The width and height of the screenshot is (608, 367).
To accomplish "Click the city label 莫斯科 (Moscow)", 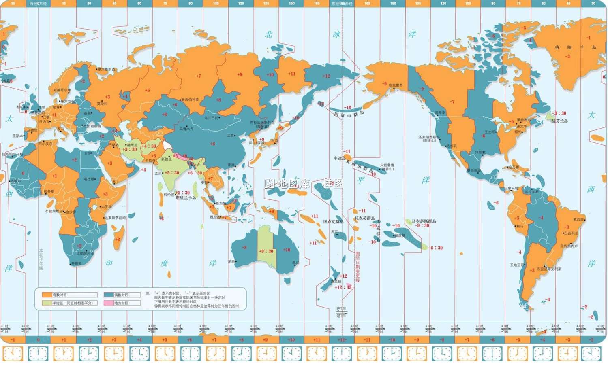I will click(102, 104).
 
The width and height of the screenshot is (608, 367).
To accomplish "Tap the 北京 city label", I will click(231, 136).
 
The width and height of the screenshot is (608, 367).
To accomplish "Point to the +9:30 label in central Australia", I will click(266, 251).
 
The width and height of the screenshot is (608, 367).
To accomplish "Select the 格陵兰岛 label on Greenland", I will click(576, 47).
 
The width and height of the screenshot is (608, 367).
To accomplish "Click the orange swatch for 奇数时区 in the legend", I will click(47, 295).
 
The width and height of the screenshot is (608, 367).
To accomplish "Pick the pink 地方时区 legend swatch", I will click(108, 303).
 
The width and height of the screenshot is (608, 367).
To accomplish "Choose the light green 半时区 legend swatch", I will click(47, 303).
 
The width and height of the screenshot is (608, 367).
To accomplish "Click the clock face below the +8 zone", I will click(241, 354).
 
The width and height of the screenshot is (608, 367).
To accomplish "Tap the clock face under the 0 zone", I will click(38, 354).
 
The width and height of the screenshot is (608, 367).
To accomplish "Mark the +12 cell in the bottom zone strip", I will click(342, 340).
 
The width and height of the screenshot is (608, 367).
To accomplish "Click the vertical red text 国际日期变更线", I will click(358, 267).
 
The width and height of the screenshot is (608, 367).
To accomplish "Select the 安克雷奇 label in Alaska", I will click(396, 85).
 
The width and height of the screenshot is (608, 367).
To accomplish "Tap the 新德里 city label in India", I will click(167, 159).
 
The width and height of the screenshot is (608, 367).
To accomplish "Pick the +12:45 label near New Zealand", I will click(343, 287).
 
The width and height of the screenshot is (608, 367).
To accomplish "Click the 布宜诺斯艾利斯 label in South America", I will click(549, 269).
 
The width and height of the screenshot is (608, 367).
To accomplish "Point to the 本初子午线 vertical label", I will click(41, 259).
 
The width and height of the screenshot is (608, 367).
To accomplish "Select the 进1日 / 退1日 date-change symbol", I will click(341, 312).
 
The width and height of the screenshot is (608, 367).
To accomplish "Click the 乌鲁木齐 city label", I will click(186, 129).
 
